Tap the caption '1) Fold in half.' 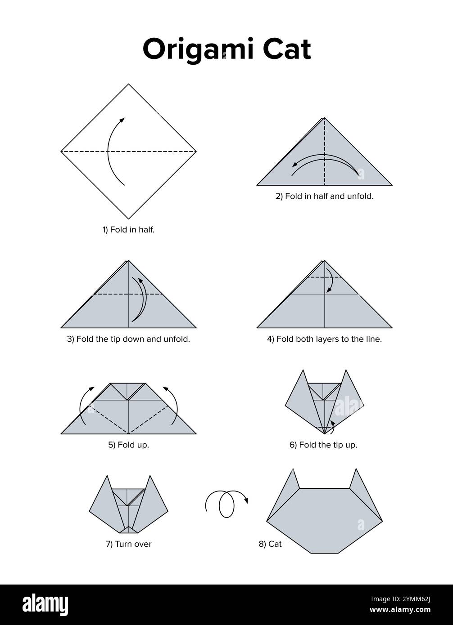click(x=128, y=230)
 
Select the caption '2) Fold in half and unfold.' click(x=324, y=196)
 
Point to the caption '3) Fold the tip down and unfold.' click(x=128, y=339)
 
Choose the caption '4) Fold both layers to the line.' click(x=324, y=339)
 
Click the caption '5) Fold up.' click(x=128, y=445)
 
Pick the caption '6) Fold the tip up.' click(x=323, y=445)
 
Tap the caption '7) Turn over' click(x=128, y=544)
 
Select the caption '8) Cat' click(x=270, y=544)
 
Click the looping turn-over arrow click(x=226, y=503)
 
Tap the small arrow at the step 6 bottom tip click(x=332, y=426)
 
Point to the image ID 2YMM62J click(x=409, y=599)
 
